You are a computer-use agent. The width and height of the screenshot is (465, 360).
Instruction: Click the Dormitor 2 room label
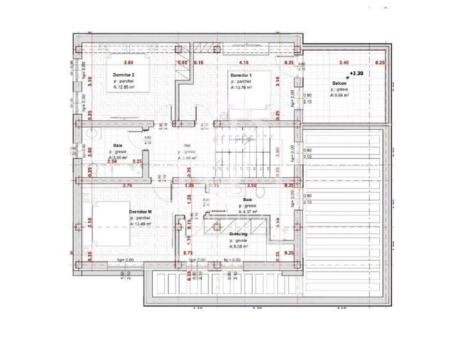click(x=123, y=75)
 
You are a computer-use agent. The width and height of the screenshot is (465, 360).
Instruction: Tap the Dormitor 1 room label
click(x=240, y=75)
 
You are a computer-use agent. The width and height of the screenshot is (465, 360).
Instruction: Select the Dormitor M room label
click(x=140, y=212)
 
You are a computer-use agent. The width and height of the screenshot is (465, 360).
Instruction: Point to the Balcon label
click(x=340, y=84)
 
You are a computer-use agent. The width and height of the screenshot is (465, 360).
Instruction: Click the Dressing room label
click(x=239, y=234)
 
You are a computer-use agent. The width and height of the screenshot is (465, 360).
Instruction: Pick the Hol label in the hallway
click(x=187, y=145)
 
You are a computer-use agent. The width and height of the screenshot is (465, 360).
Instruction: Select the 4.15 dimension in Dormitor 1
click(x=244, y=63)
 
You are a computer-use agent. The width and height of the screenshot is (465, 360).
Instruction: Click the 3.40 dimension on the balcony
click(x=343, y=63)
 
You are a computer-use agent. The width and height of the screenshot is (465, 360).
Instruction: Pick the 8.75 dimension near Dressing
click(x=187, y=253)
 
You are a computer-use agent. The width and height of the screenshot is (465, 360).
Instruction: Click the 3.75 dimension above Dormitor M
click(x=127, y=185)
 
